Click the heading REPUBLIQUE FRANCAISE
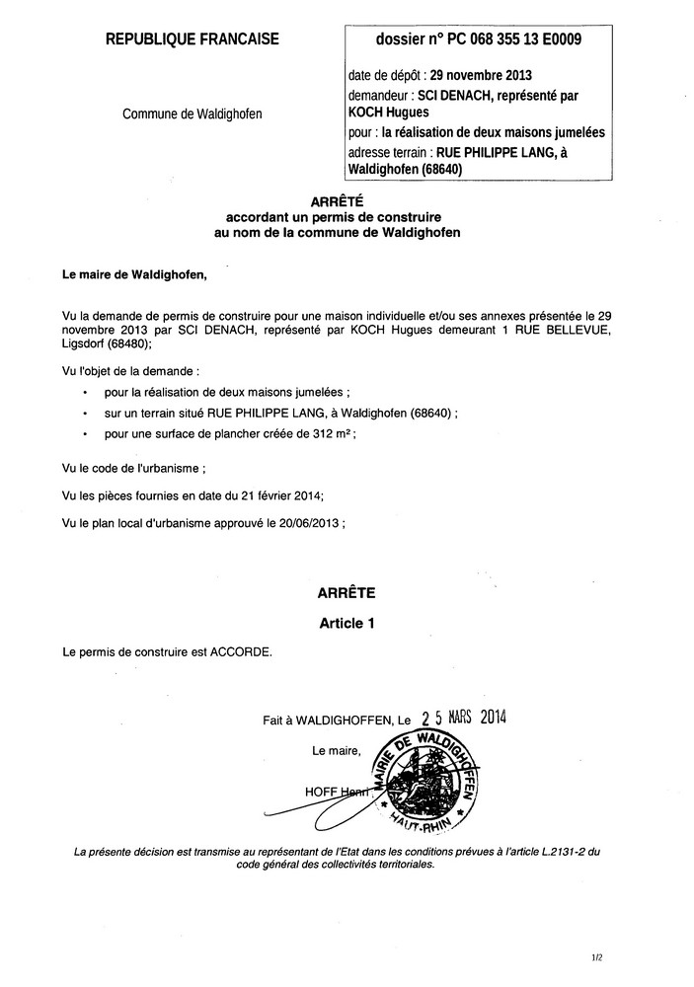tap(192, 39)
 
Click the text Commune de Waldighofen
tap(192, 114)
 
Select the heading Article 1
tap(347, 624)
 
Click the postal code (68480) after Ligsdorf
tap(122, 345)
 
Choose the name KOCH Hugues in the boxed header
tap(381, 114)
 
